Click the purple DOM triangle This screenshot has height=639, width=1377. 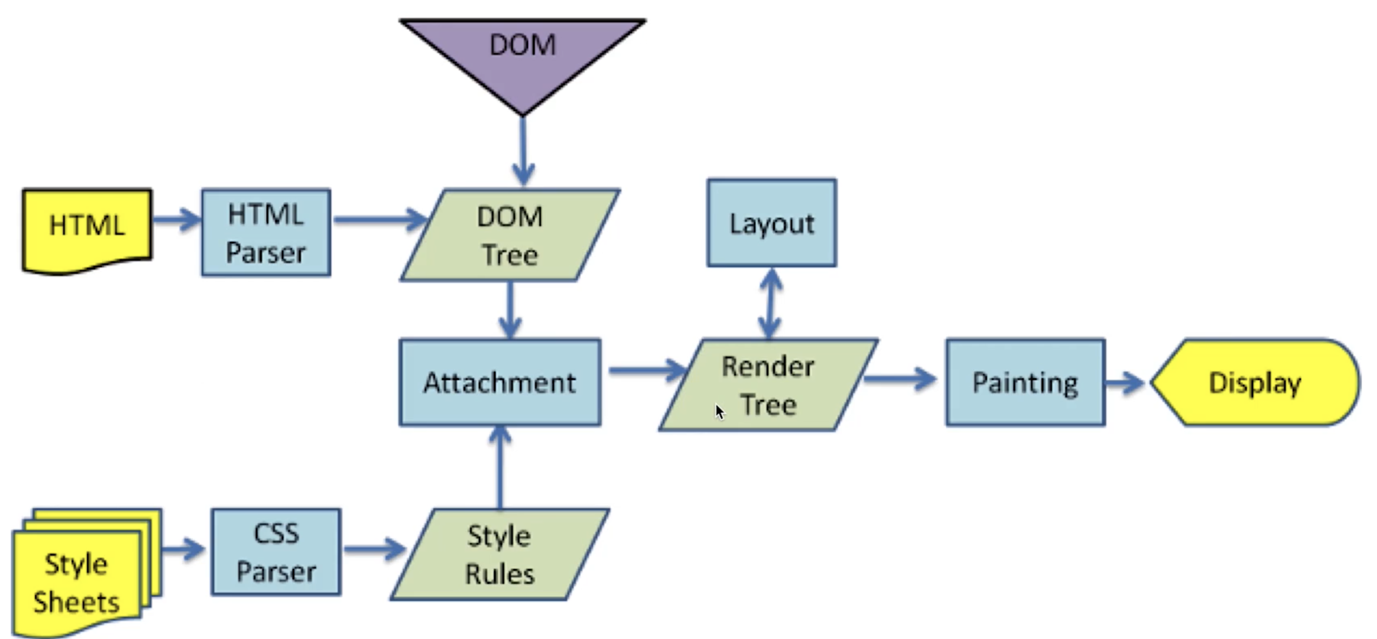522,54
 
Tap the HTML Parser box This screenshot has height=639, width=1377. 266,233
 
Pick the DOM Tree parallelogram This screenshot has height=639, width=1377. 510,235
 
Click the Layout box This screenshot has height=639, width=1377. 771,223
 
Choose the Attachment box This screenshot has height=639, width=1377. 500,382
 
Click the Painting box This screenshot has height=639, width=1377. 1025,382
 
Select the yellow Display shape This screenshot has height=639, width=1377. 1255,382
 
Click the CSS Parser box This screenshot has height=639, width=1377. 276,552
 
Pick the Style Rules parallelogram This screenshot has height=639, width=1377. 500,554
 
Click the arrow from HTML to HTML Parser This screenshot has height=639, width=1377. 176,219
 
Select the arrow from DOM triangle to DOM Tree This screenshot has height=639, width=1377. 523,152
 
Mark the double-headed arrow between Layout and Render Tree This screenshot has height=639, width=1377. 770,303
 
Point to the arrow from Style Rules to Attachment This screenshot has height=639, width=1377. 500,468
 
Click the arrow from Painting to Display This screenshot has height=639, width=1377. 1125,383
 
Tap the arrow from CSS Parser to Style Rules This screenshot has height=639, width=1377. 375,549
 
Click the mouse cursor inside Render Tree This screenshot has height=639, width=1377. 719,412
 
